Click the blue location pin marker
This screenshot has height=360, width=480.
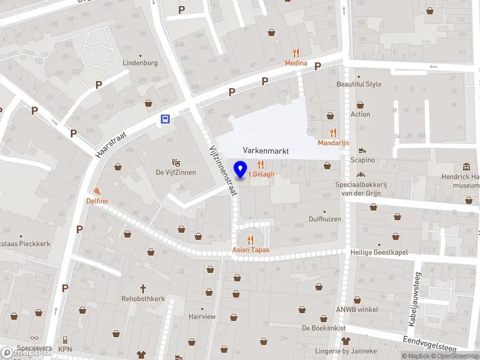pos(241,169)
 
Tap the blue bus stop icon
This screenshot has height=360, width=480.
pos(164,119)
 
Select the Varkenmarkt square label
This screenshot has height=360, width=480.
pos(266,151)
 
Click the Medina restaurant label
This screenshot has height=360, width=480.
pos(296,63)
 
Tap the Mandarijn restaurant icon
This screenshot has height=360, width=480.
pos(333,133)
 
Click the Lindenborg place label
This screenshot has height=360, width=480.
pos(140,63)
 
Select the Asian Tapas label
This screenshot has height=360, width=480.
pos(251,250)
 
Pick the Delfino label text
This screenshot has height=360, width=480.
pos(97,200)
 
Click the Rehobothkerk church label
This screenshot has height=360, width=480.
pos(143,298)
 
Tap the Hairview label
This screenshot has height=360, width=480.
pos(202,316)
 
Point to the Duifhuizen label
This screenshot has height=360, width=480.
pos(325,219)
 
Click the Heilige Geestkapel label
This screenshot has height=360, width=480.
pos(379,253)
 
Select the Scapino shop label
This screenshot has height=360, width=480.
pos(363,160)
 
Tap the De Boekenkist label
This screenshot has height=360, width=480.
pos(323,328)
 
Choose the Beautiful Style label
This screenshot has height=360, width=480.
pos(359,85)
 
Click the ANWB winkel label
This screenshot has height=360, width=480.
pos(356,310)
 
